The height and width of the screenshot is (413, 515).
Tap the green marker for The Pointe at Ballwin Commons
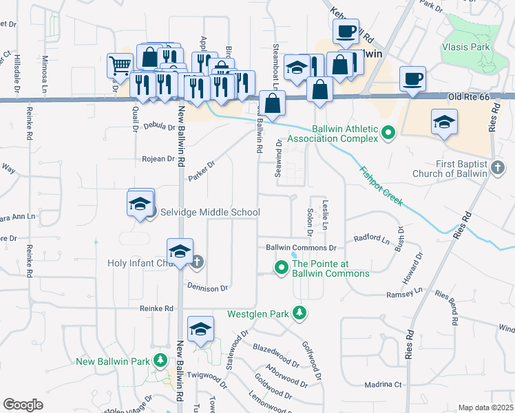281,268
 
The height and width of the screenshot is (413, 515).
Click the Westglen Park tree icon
299,314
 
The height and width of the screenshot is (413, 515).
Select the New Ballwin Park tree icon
160,361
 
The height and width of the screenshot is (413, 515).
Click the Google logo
23,405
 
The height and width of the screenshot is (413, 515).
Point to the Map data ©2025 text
485,407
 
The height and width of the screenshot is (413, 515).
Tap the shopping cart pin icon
120,66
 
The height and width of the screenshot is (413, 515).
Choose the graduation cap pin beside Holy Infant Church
180,251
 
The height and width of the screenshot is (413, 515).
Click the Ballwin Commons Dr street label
302,248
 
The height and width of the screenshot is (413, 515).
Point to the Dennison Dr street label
208,288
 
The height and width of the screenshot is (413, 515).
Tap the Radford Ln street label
371,238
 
